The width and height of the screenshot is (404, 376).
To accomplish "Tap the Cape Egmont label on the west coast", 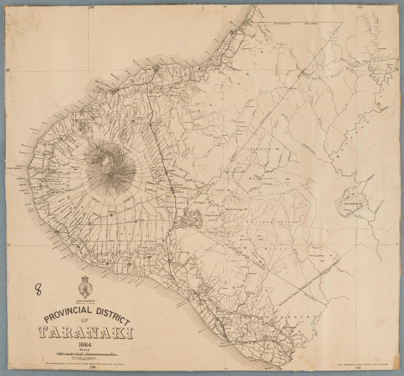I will [x=14, y=168].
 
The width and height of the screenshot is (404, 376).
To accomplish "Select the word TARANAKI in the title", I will [x=86, y=332].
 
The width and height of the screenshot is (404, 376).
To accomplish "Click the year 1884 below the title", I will [x=86, y=345].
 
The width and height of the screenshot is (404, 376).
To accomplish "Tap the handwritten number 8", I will [x=39, y=289].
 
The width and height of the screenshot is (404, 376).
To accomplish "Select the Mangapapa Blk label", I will [x=320, y=256].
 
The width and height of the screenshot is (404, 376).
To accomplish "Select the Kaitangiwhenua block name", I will [x=272, y=222].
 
